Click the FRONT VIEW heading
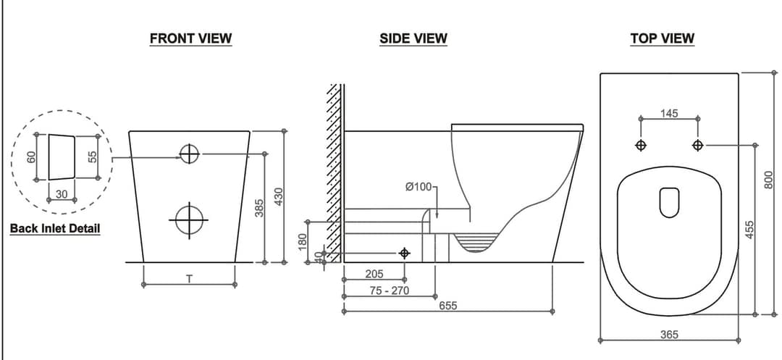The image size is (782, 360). (x=190, y=38)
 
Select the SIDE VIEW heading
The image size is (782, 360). (x=413, y=38)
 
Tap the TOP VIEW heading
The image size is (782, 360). (x=662, y=38)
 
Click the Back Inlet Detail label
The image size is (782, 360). (x=55, y=229)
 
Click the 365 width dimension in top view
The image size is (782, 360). (x=670, y=335)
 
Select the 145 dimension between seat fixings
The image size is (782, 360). (x=669, y=113)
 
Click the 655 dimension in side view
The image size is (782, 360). (x=448, y=306)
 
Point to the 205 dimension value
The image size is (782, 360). (x=374, y=275)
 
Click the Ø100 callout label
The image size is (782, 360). (x=419, y=187)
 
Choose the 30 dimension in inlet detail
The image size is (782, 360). (x=62, y=193)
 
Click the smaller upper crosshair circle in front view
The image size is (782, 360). (x=189, y=154)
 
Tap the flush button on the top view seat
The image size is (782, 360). (x=669, y=202)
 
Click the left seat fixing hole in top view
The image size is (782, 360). (x=640, y=146)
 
